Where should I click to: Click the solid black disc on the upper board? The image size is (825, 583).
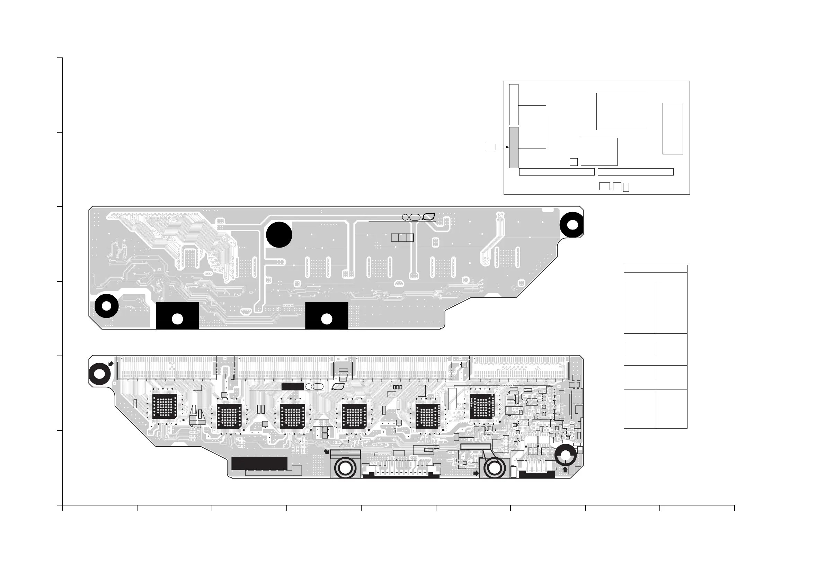point(279,235)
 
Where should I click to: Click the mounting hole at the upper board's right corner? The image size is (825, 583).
point(573,225)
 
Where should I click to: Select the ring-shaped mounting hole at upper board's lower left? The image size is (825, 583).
point(106,306)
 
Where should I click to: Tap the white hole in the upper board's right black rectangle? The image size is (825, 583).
point(326,319)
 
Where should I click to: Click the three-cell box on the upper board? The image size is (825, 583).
point(402,237)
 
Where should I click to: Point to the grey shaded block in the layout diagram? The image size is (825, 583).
point(514,147)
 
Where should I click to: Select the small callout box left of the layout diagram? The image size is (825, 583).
point(490,147)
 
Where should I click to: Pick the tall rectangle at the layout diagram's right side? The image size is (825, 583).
point(672,128)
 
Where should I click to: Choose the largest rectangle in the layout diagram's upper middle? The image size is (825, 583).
point(622,111)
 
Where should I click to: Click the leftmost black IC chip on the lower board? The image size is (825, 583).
point(165,406)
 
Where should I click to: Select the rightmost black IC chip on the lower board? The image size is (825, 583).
point(482,406)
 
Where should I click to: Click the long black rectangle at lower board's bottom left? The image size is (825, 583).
point(259,463)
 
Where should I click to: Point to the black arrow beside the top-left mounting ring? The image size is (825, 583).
point(111,364)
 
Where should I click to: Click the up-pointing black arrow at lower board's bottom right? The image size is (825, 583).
point(565,469)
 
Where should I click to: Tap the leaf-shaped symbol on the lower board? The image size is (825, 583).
point(338,386)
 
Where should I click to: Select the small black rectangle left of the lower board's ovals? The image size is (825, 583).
point(292,386)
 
